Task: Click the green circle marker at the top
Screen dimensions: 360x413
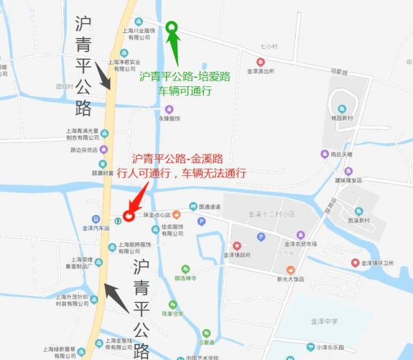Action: (x=171, y=26)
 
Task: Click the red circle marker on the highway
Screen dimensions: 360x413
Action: (x=128, y=216)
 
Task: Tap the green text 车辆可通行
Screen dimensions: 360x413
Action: (x=185, y=91)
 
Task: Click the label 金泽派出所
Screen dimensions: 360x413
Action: (x=260, y=71)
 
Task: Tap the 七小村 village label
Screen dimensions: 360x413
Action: (x=269, y=47)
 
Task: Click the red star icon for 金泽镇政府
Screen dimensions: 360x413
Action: (x=236, y=245)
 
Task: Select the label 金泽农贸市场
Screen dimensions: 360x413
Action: (x=300, y=244)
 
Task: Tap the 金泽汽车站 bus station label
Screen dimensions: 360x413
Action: (x=96, y=228)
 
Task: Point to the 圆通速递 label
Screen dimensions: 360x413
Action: (x=209, y=207)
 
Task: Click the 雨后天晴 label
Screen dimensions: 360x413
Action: (x=340, y=155)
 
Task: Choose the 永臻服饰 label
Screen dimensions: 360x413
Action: (x=169, y=118)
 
